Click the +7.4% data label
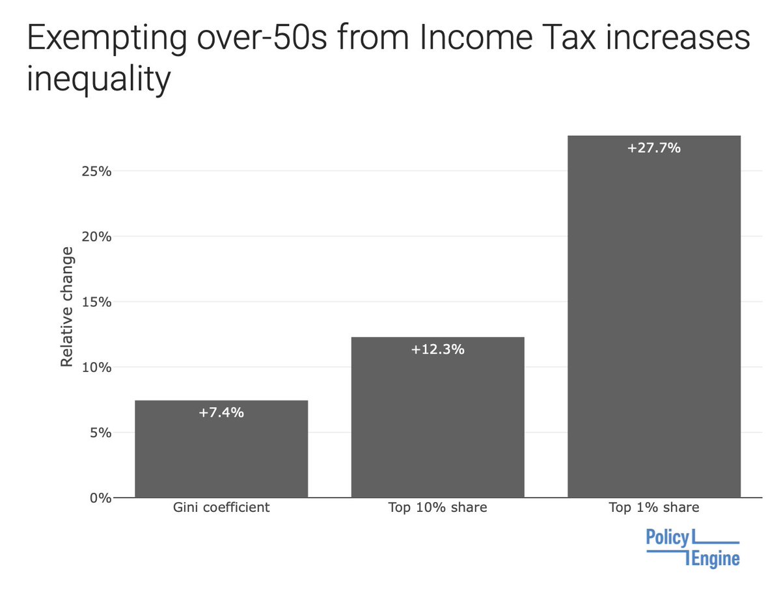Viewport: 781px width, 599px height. coord(221,412)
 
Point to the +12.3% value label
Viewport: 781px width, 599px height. coord(437,349)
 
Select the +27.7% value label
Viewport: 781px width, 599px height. coord(653,148)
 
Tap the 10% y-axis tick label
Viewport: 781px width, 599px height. coord(96,367)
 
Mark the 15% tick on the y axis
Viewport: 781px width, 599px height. coord(96,302)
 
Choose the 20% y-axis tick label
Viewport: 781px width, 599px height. coord(96,237)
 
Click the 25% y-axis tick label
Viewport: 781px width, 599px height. coord(96,172)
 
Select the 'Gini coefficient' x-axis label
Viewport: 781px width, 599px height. coord(221,508)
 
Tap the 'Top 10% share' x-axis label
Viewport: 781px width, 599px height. coord(437,508)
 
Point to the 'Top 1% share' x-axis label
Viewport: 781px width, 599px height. coord(653,508)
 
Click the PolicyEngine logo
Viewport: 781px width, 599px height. coord(692,548)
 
